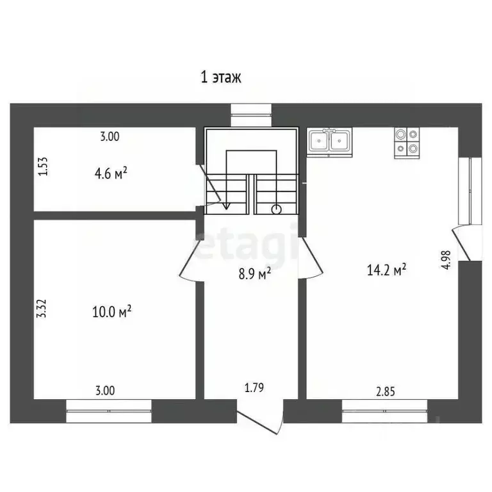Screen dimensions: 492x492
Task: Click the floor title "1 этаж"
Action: [x=220, y=78]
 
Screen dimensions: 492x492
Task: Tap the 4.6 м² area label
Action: [x=110, y=172]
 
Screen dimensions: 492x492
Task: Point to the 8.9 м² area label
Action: [x=254, y=274]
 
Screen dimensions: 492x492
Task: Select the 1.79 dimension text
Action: [x=254, y=387]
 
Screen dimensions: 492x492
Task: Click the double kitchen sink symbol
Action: [x=329, y=142]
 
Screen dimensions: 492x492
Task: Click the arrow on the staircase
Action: [x=226, y=204]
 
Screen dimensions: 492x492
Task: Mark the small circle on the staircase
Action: [x=276, y=208]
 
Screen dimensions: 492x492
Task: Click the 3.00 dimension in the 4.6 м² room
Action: [x=110, y=136]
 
